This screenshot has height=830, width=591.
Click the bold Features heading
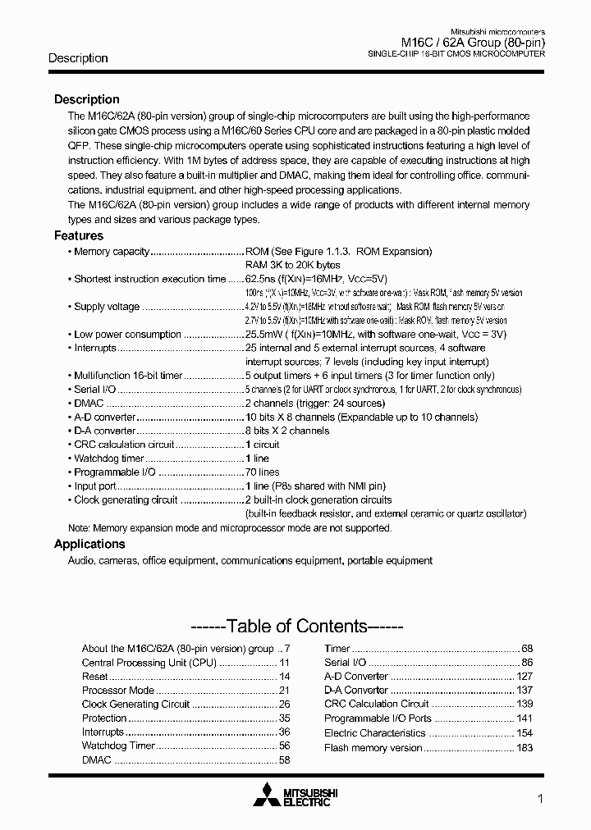[x=79, y=235]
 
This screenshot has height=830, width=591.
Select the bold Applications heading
[x=89, y=544]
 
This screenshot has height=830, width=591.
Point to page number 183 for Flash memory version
[x=525, y=748]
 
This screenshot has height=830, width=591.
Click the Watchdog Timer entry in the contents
[x=118, y=746]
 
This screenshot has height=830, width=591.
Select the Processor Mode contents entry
[x=118, y=691]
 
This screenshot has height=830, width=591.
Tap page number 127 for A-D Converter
[x=525, y=677]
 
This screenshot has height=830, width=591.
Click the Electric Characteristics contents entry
[x=374, y=733]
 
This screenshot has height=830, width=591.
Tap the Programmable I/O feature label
[x=115, y=472]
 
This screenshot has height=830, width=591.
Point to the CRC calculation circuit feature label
[x=124, y=445]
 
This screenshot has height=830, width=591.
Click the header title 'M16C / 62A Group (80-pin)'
[x=472, y=43]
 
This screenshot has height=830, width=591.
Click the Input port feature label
[x=96, y=486]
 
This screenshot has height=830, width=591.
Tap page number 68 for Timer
[x=527, y=649]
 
